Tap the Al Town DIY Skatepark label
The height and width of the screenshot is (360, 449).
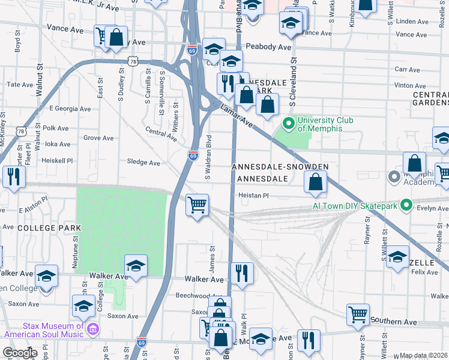click(355, 206)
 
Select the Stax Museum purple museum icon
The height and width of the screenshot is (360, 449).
click(93, 329)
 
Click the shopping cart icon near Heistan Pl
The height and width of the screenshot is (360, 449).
click(197, 205)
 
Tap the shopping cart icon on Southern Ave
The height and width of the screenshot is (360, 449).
click(358, 314)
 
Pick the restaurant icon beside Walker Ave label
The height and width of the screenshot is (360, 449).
click(241, 274)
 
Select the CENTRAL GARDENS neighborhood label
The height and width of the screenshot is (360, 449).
click(430, 99)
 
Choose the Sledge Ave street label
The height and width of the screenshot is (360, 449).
click(143, 163)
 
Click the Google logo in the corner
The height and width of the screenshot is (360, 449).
click(20, 353)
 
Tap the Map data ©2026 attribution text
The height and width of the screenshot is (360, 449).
click(423, 356)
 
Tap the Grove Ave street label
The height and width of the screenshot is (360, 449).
click(98, 138)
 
